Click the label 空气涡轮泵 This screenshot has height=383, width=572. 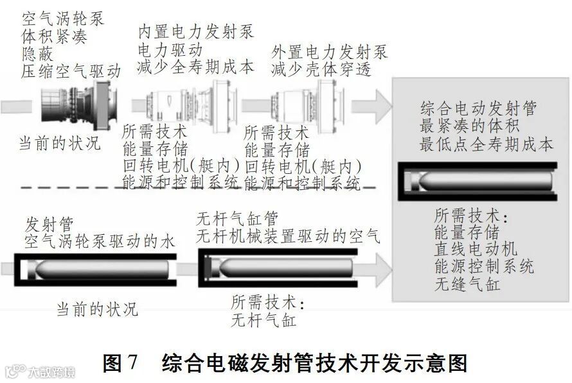tap(62, 19)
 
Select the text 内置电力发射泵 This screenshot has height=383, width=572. tap(196, 30)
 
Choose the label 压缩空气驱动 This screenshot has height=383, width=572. tap(71, 71)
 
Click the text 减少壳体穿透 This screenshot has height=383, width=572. tap(321, 69)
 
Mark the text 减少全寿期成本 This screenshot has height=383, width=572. tap(196, 65)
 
